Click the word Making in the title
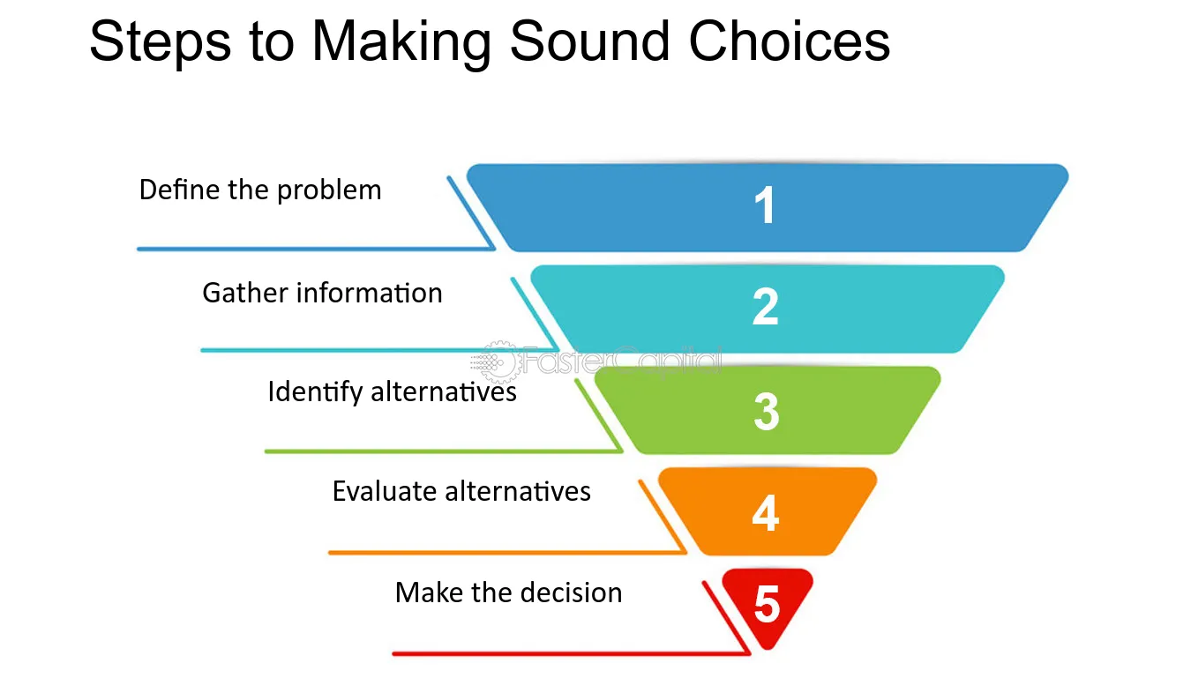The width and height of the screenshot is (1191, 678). pyautogui.click(x=401, y=41)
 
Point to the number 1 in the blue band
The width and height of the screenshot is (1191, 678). pyautogui.click(x=765, y=206)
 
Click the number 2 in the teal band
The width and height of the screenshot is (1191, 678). pyautogui.click(x=765, y=308)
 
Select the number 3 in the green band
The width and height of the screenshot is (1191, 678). pyautogui.click(x=766, y=411)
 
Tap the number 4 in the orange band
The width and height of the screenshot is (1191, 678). pyautogui.click(x=765, y=512)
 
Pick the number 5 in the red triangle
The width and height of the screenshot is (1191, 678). pyautogui.click(x=767, y=606)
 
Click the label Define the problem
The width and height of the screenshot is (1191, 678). pyautogui.click(x=260, y=190)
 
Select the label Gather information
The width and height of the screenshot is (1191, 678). pyautogui.click(x=322, y=293)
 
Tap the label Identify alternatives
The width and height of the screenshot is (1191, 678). pyautogui.click(x=392, y=391)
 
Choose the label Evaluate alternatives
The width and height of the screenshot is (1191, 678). pyautogui.click(x=461, y=491)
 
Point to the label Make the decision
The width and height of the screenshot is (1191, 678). pyautogui.click(x=508, y=592)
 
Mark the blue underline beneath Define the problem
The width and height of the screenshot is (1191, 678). pyautogui.click(x=309, y=249)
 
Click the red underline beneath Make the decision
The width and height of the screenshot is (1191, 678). pyautogui.click(x=565, y=653)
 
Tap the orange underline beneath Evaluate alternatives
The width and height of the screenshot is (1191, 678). pyautogui.click(x=503, y=553)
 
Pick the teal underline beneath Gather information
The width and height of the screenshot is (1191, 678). pyautogui.click(x=371, y=350)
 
